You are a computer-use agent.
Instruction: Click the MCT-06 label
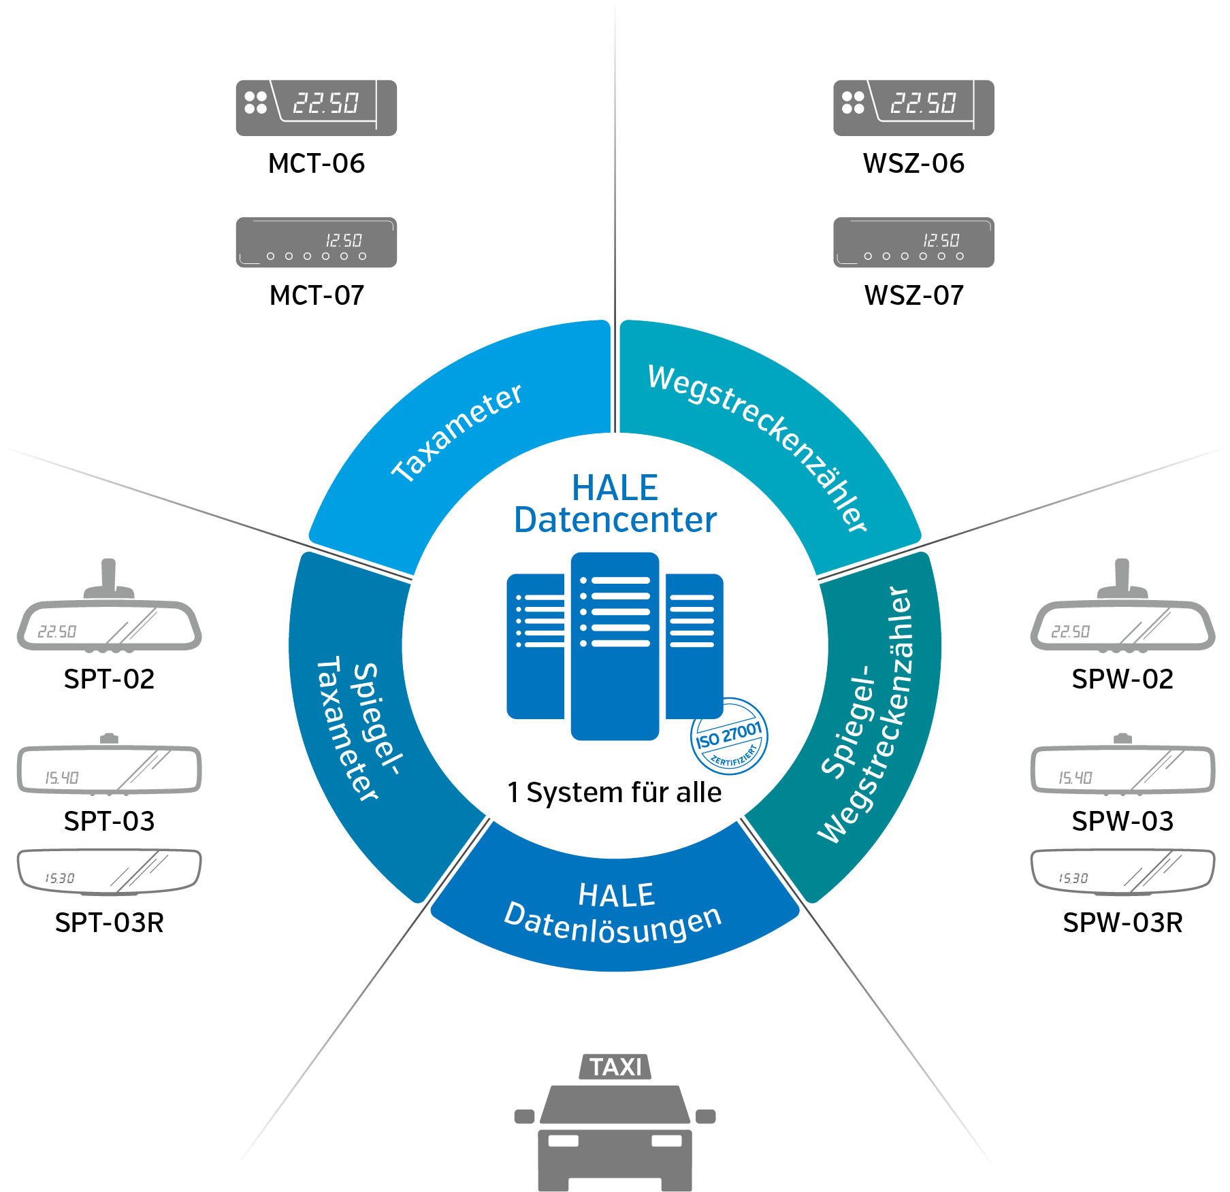[x=316, y=163]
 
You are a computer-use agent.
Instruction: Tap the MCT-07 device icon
[x=316, y=242]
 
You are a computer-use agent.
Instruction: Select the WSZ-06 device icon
[x=913, y=107]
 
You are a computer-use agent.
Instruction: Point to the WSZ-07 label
[x=913, y=295]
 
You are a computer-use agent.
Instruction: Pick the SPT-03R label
[x=109, y=923]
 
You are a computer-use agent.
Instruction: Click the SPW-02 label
[x=1122, y=679]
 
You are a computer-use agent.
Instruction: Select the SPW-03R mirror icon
[x=1122, y=871]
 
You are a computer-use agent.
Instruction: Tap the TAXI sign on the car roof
[x=615, y=1067]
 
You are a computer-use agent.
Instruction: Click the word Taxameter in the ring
[x=456, y=433]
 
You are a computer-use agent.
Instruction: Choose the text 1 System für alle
[x=614, y=793]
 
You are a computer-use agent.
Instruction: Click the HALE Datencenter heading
[x=615, y=504]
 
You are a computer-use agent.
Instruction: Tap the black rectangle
[x=118, y=1031]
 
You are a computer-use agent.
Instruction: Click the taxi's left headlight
[x=564, y=1141]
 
